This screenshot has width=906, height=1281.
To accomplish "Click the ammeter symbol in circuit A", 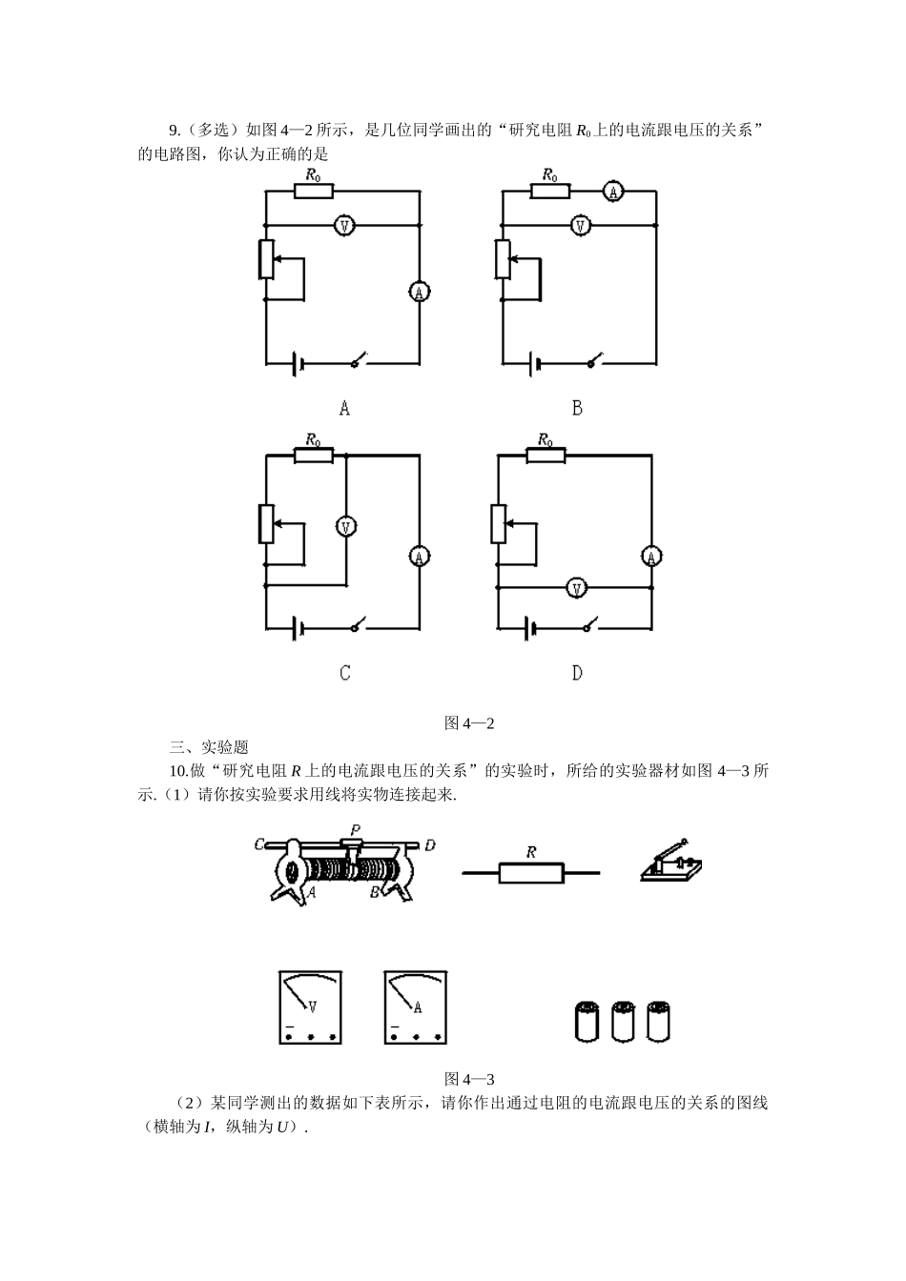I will [x=418, y=292].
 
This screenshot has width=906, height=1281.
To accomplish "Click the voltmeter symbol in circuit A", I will [x=344, y=226].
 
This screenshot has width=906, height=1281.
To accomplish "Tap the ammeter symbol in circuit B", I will [x=613, y=192].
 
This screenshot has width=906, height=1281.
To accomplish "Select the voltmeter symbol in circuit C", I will [x=347, y=526].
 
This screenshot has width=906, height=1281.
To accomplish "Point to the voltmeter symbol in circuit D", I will [x=575, y=588].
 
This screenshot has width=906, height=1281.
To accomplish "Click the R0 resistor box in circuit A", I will [x=313, y=191].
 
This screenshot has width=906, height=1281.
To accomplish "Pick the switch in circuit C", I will [x=359, y=626].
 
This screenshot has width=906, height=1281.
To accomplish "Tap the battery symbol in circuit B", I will [x=536, y=362].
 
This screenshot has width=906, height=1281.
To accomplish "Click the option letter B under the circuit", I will [x=577, y=408].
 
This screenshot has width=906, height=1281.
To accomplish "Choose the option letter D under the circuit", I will [x=577, y=673].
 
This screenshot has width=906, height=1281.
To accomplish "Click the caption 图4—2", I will [x=469, y=723].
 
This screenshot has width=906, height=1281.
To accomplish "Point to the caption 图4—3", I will [x=469, y=1079].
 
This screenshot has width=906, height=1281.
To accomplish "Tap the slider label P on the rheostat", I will [x=355, y=829].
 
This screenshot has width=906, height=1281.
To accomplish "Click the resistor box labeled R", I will [x=531, y=871].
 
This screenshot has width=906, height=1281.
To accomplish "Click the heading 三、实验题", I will [x=208, y=747].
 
